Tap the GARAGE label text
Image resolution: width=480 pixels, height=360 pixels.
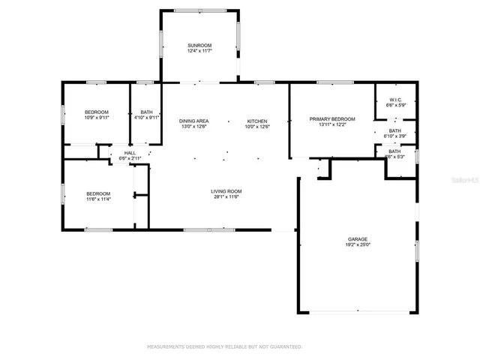(x=356, y=238)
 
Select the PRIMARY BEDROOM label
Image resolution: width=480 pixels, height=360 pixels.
(x=332, y=119)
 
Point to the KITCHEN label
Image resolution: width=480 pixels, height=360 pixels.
(x=258, y=121)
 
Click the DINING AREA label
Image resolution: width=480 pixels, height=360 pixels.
(x=193, y=121)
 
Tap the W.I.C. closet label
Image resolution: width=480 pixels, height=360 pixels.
(x=395, y=100)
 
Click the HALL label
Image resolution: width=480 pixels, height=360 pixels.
(x=130, y=153)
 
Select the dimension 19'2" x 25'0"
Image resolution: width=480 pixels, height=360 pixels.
(x=356, y=244)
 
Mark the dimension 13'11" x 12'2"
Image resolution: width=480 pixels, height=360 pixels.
(x=332, y=125)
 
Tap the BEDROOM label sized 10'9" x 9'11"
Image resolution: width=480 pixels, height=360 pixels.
(x=96, y=112)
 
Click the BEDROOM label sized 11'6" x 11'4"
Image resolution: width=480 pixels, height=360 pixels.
(x=97, y=194)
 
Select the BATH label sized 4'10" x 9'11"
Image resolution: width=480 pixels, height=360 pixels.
(x=146, y=112)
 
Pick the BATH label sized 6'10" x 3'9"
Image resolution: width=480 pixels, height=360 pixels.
(x=394, y=130)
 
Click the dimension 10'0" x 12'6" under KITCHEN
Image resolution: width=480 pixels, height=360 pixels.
(x=258, y=127)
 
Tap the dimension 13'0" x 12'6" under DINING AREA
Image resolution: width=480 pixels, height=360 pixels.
(x=193, y=127)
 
